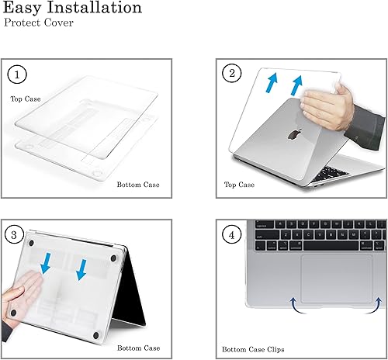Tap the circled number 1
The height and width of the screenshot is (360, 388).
click(x=17, y=75)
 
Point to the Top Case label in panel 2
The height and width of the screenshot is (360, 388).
click(x=240, y=185)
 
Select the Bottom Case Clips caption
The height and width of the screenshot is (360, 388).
click(x=257, y=348)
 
